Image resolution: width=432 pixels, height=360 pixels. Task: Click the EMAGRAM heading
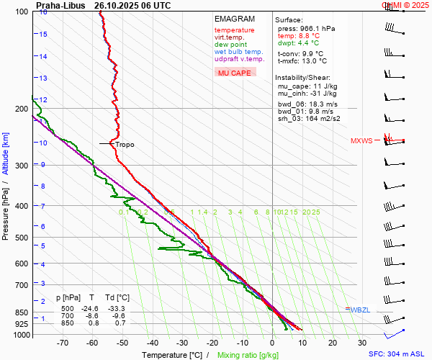(x=235, y=19)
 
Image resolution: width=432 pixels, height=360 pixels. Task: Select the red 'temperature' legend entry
(x=234, y=30)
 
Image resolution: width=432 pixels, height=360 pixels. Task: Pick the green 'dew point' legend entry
(x=230, y=45)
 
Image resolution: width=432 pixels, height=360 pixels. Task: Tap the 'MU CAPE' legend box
(x=235, y=73)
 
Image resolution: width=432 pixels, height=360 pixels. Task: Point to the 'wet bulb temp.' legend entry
(x=238, y=52)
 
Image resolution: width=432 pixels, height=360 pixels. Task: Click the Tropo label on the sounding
(x=125, y=145)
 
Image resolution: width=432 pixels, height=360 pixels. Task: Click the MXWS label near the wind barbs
(x=361, y=140)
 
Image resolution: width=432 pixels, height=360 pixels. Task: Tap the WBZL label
(x=360, y=310)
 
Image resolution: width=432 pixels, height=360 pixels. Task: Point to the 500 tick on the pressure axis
(x=22, y=238)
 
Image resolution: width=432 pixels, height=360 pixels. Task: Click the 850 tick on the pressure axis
(x=22, y=313)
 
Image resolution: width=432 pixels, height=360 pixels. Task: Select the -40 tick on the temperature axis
(x=153, y=343)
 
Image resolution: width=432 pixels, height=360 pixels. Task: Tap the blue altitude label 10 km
(x=43, y=143)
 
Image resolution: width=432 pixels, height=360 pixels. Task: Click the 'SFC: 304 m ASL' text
(x=397, y=354)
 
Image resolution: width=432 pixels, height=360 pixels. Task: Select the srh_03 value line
(x=309, y=119)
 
